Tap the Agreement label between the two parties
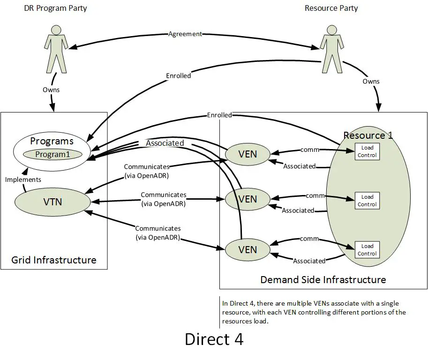click(185, 34)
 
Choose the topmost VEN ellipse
click(248, 153)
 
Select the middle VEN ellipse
click(248, 199)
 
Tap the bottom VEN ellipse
click(248, 249)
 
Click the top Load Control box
click(367, 151)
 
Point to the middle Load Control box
click(367, 201)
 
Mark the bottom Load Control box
click(367, 250)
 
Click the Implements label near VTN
click(23, 180)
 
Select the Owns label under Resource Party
click(371, 82)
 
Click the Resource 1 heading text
click(368, 135)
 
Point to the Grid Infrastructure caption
click(54, 260)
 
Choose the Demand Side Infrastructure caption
click(323, 280)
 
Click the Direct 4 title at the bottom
click(214, 339)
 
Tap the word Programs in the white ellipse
click(52, 141)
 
